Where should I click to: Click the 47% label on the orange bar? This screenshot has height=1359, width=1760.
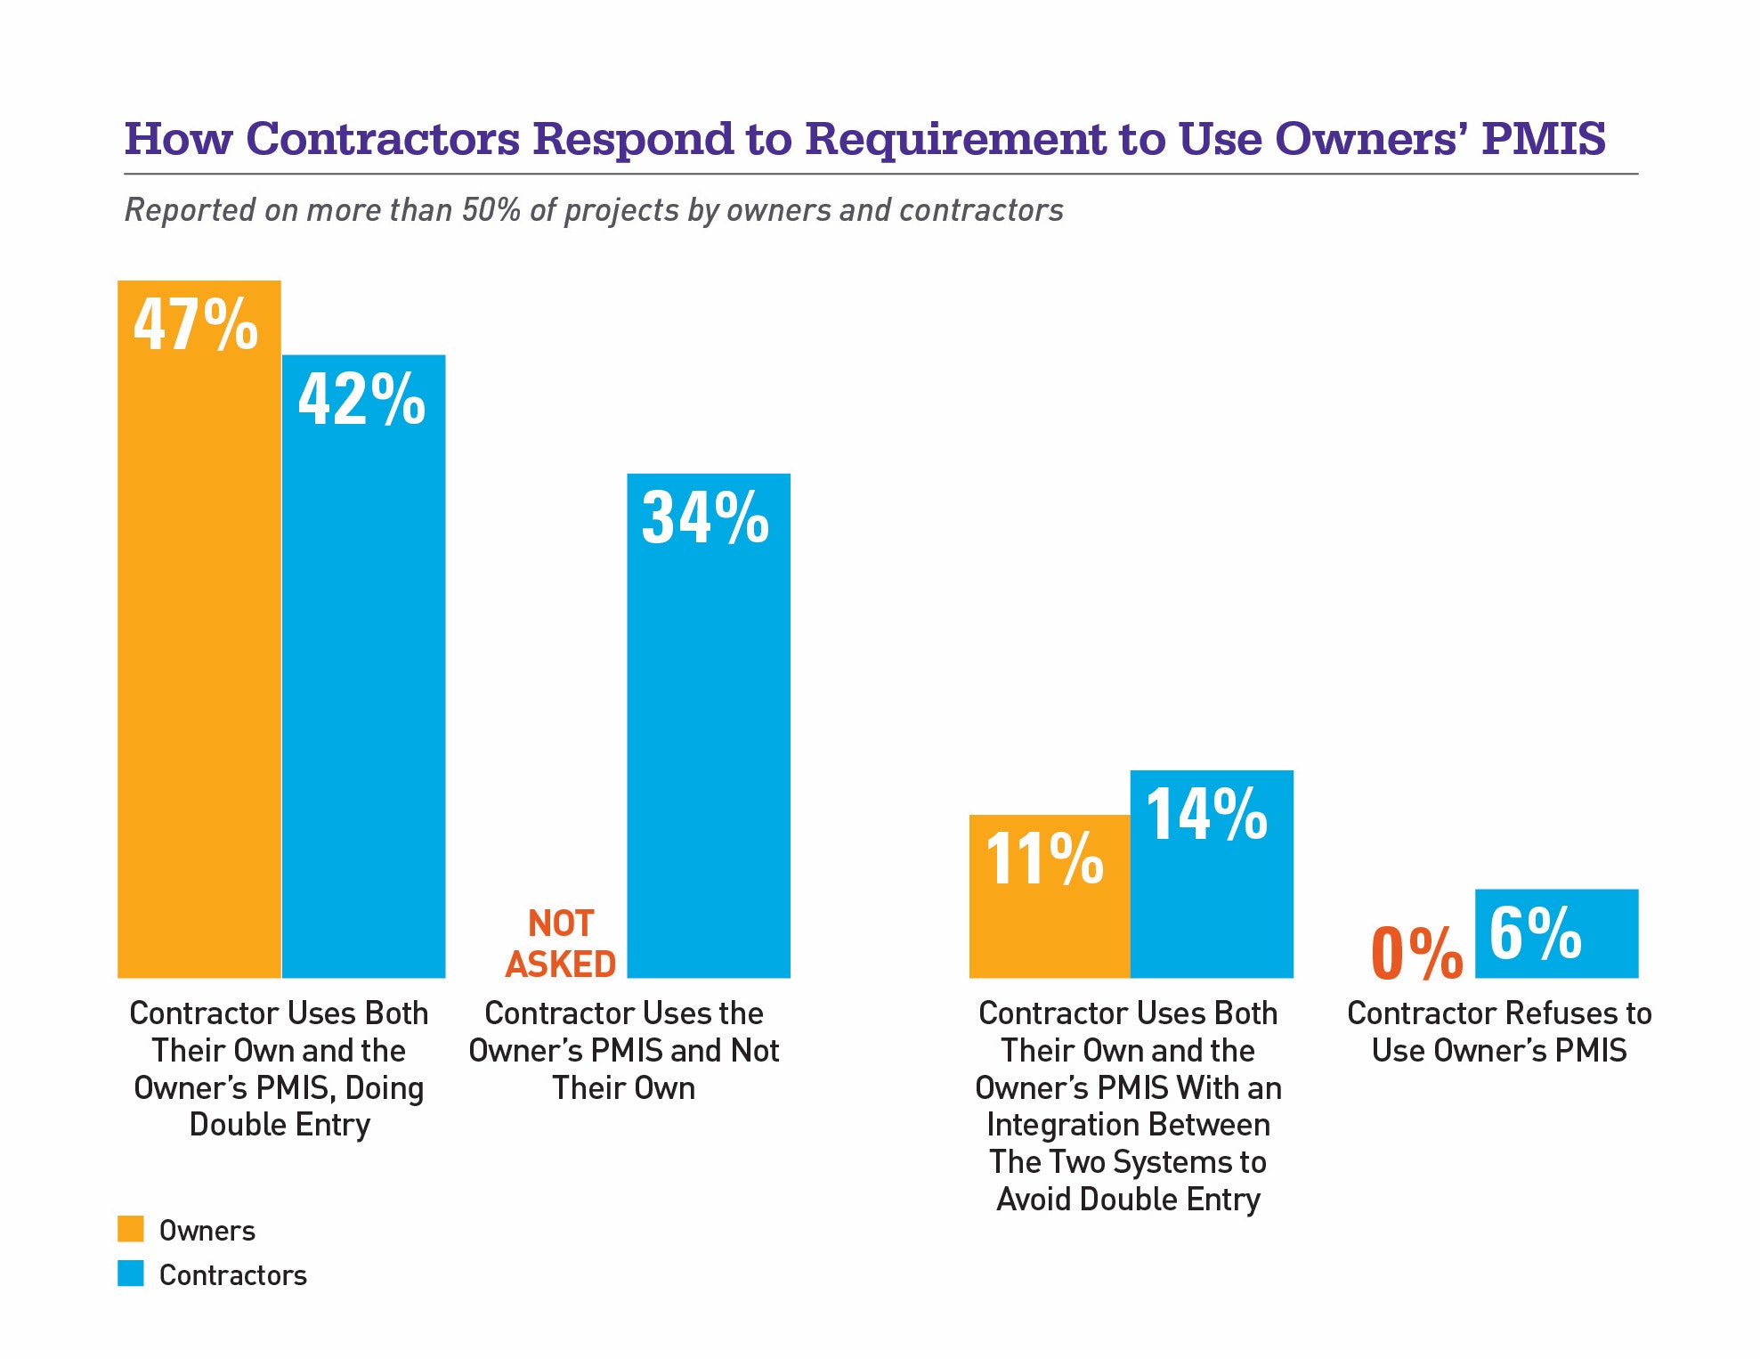[x=196, y=325]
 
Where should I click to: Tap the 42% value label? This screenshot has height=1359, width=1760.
[x=361, y=399]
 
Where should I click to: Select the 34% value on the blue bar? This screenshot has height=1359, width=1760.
[x=705, y=517]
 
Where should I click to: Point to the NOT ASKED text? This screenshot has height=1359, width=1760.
[x=561, y=944]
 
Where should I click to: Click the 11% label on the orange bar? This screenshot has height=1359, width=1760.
[x=1044, y=859]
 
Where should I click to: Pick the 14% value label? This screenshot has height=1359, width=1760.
[x=1206, y=814]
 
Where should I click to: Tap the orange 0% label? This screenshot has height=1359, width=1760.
[x=1416, y=953]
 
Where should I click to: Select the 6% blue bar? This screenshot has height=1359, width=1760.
[x=1556, y=933]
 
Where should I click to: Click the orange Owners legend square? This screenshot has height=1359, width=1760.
[x=131, y=1229]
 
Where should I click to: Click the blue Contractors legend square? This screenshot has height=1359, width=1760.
[x=131, y=1274]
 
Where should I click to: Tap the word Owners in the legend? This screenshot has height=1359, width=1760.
[x=207, y=1231]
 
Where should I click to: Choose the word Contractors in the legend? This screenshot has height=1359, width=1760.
[x=232, y=1275]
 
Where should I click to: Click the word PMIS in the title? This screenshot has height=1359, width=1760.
[x=1543, y=139]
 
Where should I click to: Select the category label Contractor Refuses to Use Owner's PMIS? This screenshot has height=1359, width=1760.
[x=1499, y=1031]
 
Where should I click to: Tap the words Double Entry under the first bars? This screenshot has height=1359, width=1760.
[x=280, y=1125]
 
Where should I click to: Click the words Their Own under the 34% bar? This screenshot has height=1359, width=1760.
[x=623, y=1088]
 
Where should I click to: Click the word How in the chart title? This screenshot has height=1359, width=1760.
[x=178, y=139]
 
